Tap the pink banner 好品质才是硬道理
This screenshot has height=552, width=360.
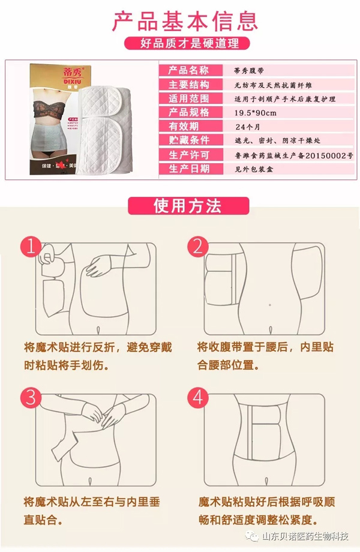pyautogui.click(x=181, y=44)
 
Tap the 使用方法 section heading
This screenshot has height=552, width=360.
pyautogui.click(x=180, y=206)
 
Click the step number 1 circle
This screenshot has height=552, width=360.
pyautogui.click(x=32, y=248)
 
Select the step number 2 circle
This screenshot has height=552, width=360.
pyautogui.click(x=198, y=248)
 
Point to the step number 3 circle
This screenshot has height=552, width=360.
pyautogui.click(x=32, y=398)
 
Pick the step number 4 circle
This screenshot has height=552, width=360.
pyautogui.click(x=198, y=398)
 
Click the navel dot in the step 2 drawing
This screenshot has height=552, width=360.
pyautogui.click(x=269, y=305)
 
